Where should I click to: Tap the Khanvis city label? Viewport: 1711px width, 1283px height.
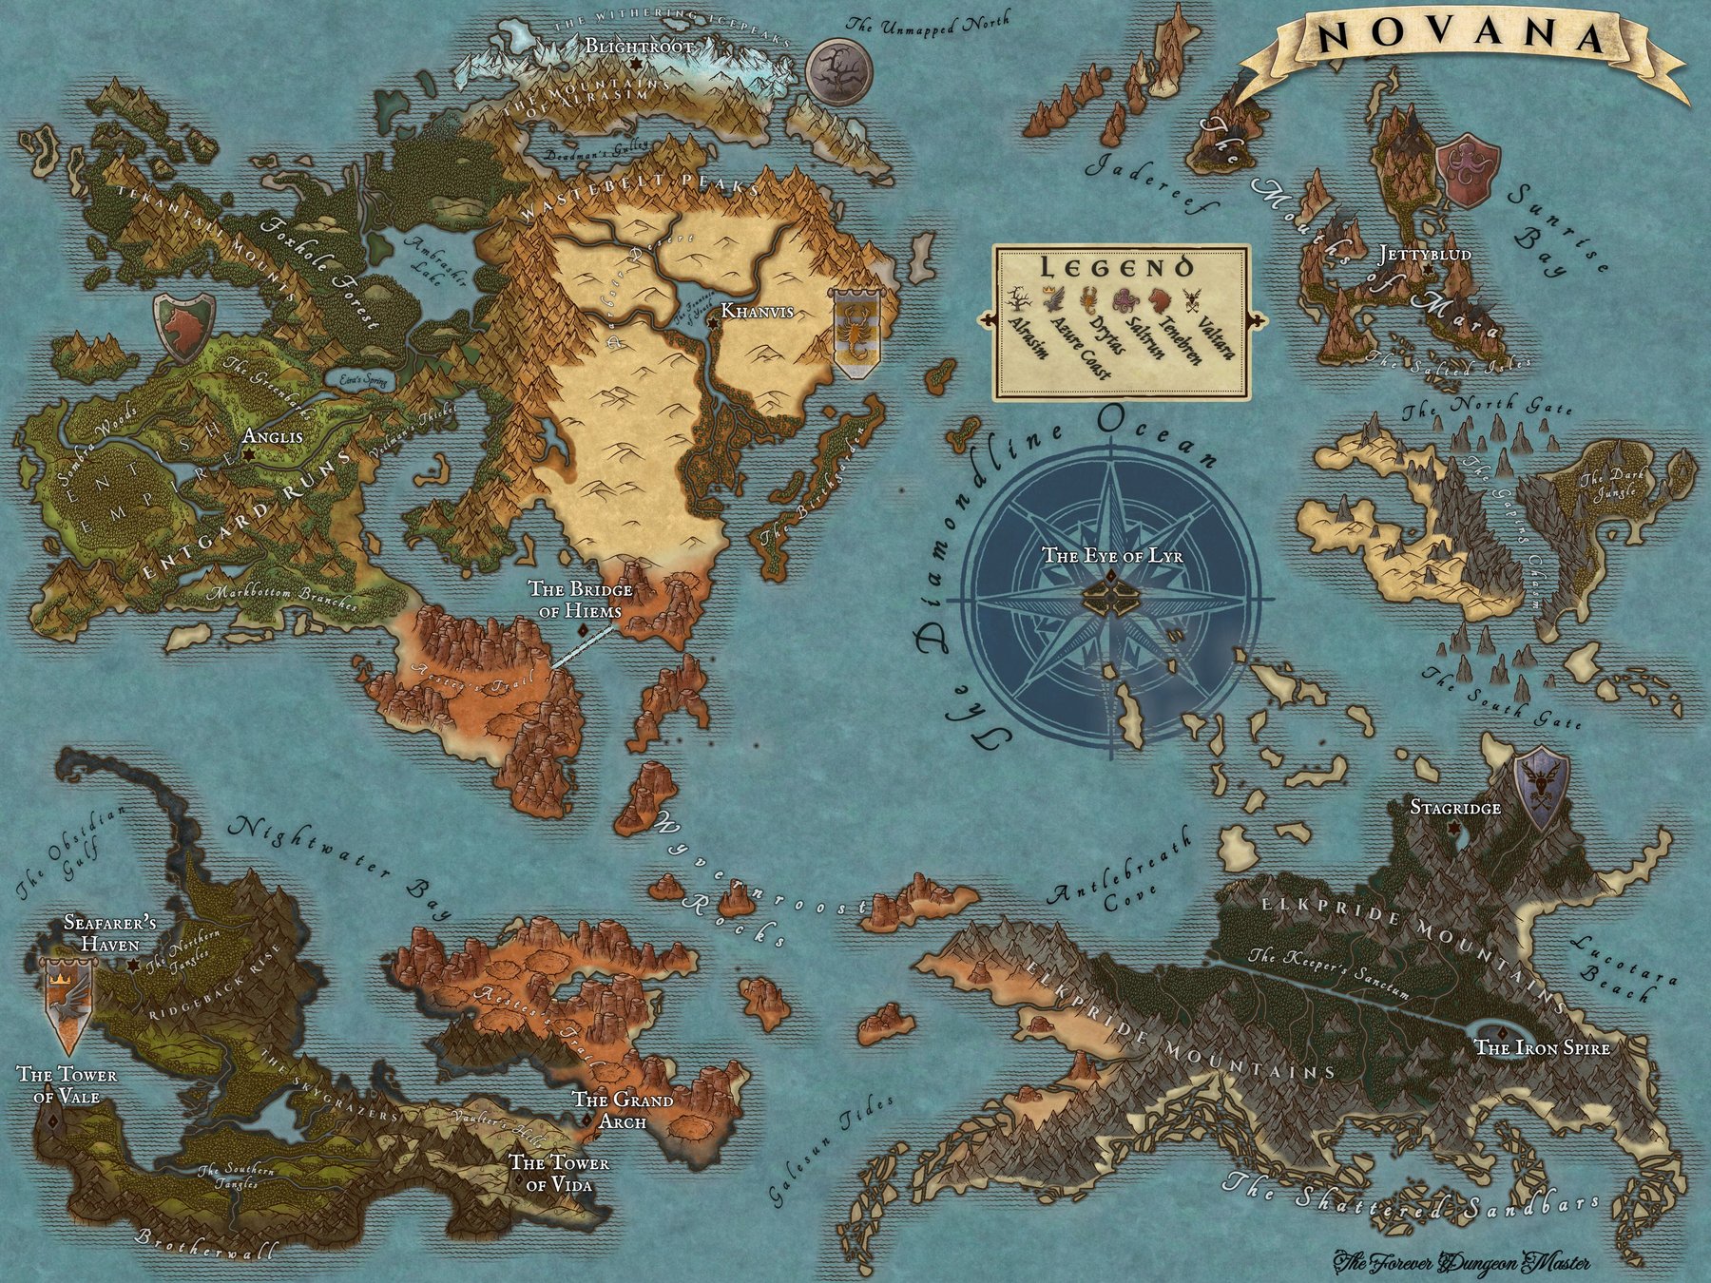pos(757,311)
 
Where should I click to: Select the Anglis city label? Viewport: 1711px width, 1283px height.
pos(273,437)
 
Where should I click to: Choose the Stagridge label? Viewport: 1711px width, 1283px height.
pos(1454,808)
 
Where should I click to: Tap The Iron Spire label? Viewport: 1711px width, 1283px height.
pos(1541,1047)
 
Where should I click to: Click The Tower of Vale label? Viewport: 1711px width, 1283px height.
pos(67,1085)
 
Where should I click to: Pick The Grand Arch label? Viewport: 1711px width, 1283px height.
pos(622,1110)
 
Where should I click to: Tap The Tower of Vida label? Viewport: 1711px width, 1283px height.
pos(559,1173)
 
